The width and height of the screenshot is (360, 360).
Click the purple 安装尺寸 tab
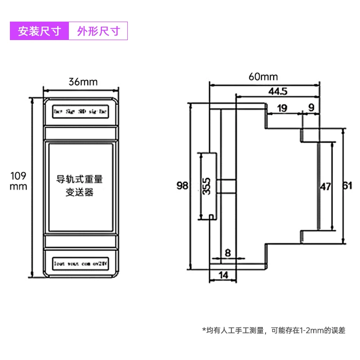point(39,31)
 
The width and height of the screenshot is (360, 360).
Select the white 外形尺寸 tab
point(99,31)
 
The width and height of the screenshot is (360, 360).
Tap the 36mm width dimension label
point(82,82)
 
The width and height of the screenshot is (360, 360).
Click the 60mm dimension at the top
point(263,77)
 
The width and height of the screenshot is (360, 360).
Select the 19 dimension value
point(282,108)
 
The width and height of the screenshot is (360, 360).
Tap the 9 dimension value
point(310,108)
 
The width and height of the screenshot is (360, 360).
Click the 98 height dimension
point(182,186)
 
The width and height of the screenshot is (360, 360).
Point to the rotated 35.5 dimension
point(206,186)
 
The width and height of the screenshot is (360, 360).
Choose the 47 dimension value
point(325,186)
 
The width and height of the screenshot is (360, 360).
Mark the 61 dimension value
point(348,186)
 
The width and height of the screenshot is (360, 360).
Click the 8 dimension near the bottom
point(228,253)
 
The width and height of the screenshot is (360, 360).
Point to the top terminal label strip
point(81,110)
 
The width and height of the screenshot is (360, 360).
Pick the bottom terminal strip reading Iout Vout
point(81,262)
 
